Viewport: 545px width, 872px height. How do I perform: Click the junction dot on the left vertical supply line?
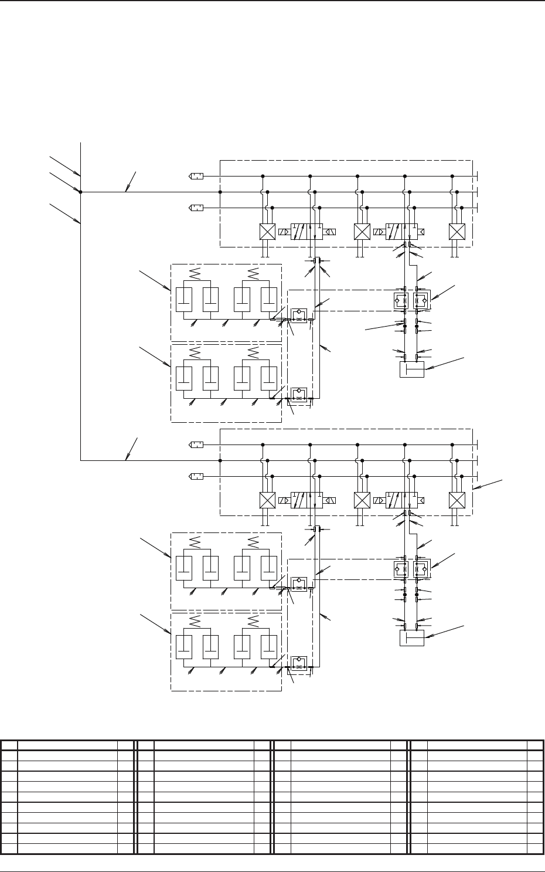pos(80,192)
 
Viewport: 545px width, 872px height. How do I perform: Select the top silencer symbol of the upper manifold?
pos(196,176)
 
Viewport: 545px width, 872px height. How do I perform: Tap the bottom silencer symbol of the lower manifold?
pos(196,476)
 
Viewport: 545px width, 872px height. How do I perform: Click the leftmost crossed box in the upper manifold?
pos(267,232)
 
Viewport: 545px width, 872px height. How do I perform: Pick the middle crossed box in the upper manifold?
pos(362,232)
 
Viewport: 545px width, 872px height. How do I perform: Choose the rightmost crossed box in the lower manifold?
pos(457,500)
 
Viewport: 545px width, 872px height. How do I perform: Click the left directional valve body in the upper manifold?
pos(307,232)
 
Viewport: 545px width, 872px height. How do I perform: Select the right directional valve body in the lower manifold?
pos(401,500)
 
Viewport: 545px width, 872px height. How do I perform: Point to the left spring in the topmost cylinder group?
pos(197,273)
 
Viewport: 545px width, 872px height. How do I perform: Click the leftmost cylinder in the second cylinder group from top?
pos(183,378)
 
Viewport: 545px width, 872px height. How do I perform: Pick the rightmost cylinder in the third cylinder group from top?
pos(269,567)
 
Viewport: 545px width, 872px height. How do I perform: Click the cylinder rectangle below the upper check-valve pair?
pos(411,369)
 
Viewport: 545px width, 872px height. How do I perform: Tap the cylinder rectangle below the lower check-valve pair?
pos(411,637)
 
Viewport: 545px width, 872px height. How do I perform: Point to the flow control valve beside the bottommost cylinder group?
pos(299,663)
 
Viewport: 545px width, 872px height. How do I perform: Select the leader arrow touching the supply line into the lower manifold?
pos(127,458)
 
